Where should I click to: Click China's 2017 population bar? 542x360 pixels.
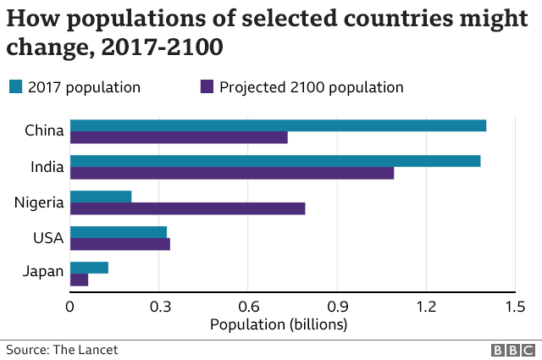pos(278,125)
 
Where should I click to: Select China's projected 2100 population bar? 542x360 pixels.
pos(179,138)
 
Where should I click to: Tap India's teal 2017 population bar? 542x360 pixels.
pos(275,161)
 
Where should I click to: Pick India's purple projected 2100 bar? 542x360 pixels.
pos(232,174)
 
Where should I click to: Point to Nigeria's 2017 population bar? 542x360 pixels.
pos(101,197)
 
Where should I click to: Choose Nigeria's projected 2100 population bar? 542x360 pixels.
pos(187,208)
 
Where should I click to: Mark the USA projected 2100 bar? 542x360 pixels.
pos(120,244)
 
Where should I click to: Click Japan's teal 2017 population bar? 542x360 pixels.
pos(89,268)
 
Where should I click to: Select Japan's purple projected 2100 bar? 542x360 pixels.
pos(79,280)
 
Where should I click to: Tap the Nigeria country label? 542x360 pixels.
pos(39,202)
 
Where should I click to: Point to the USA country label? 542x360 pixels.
pos(47,238)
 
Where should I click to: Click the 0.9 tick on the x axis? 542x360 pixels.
pos(337,306)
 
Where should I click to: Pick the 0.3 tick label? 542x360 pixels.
pos(159,306)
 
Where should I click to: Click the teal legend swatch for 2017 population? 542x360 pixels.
pos(15,86)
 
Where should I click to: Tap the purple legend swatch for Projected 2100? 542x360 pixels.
pos(207,86)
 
